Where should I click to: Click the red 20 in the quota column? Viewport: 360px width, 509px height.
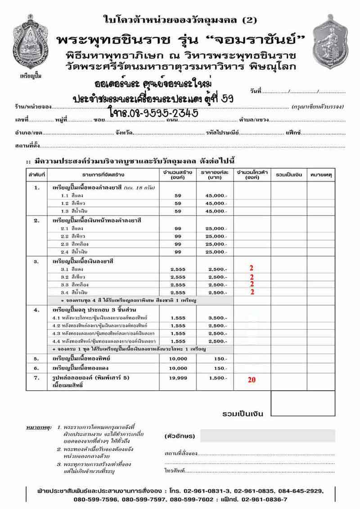click(x=252, y=380)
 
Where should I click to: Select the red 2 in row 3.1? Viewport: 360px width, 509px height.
click(x=252, y=268)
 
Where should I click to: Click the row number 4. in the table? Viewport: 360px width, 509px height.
click(x=37, y=310)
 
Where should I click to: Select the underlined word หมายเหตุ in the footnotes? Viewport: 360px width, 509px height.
click(x=40, y=425)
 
